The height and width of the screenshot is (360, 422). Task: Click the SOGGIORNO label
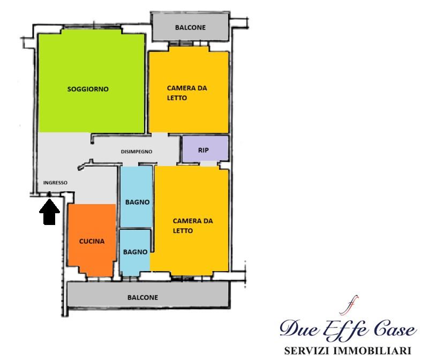[x=88, y=89]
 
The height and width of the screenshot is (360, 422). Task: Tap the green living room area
[x=92, y=81]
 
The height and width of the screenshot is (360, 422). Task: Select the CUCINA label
[x=92, y=241]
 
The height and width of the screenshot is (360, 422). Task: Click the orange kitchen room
[x=92, y=239]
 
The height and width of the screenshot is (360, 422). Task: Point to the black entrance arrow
[x=49, y=212]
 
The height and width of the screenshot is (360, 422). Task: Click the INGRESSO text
[x=55, y=183]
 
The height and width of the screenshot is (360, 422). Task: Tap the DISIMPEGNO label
[x=137, y=152]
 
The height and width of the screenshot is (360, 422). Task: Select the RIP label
[x=204, y=150]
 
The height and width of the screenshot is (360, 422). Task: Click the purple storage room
[x=206, y=149]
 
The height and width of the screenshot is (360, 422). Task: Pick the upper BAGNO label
[x=137, y=202]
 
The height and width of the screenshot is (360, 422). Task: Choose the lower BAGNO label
[x=135, y=252]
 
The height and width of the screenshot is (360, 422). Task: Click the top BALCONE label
[x=190, y=27]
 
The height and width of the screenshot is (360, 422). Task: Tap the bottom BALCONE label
[x=142, y=297]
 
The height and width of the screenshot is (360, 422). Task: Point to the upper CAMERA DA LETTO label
[x=187, y=93]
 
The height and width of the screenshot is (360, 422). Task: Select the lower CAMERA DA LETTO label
[x=193, y=226]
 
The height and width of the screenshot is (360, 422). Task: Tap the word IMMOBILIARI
[x=372, y=351]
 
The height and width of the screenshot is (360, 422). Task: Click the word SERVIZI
[x=307, y=351]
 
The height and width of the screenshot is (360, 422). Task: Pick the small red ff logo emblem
[x=349, y=305]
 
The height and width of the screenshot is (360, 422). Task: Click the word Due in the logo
[x=299, y=328]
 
